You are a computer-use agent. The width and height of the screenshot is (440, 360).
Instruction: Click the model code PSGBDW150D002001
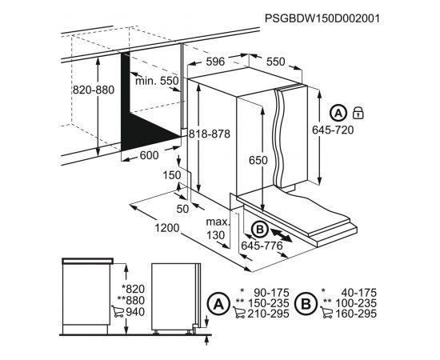click(x=322, y=18)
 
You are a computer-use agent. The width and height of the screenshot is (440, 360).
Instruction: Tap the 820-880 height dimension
click(x=94, y=90)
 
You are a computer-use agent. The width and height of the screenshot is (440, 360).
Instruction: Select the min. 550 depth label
click(x=157, y=81)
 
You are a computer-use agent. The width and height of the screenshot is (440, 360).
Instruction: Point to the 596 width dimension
click(x=215, y=62)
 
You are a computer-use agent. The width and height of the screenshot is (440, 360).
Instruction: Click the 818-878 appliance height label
click(x=210, y=134)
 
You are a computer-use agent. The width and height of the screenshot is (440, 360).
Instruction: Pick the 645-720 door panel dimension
click(x=333, y=130)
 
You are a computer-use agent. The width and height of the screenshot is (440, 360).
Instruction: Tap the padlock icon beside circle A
click(x=358, y=113)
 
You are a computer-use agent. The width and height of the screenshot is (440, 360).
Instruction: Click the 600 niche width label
click(x=150, y=155)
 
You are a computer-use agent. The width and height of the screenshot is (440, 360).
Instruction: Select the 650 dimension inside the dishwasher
click(x=258, y=160)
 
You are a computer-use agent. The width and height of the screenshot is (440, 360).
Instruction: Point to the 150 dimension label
click(x=172, y=175)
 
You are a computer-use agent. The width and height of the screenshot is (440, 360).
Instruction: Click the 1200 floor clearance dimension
click(x=167, y=228)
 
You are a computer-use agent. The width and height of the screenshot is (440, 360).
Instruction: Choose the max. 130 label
click(x=217, y=229)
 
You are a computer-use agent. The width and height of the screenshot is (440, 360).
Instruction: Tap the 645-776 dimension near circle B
click(x=262, y=246)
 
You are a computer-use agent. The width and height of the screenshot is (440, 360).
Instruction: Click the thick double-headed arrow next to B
click(x=282, y=235)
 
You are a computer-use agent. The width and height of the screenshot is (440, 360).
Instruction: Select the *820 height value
click(x=133, y=289)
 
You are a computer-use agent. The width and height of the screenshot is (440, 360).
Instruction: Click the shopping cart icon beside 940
click(x=118, y=311)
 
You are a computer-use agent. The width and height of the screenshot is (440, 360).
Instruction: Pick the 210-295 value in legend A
click(x=268, y=314)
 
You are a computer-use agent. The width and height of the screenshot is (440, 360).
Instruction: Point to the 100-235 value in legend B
click(x=355, y=303)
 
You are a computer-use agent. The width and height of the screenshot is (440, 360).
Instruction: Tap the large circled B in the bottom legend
click(x=306, y=304)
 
